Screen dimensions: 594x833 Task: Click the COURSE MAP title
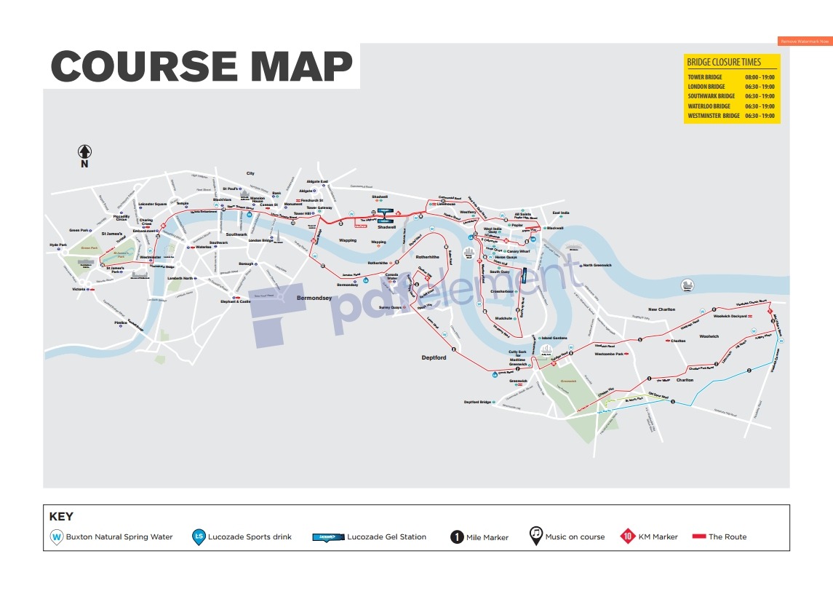202,66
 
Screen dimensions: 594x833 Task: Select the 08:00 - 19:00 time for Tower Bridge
760,76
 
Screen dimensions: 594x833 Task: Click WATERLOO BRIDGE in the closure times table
709,106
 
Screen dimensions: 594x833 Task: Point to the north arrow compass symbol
84,151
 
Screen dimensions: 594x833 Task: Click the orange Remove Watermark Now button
805,41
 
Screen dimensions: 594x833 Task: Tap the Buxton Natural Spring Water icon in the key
56,537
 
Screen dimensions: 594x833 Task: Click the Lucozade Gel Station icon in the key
327,537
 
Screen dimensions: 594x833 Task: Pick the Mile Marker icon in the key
456,537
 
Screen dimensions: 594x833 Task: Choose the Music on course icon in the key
535,536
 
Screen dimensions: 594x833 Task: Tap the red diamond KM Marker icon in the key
627,537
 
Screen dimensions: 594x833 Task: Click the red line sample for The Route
698,537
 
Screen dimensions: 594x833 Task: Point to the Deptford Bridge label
478,402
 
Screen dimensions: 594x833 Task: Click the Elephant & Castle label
235,301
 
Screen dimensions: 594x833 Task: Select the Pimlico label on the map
121,322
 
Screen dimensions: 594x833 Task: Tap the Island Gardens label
554,338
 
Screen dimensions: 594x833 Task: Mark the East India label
560,213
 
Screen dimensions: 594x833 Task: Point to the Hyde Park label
58,245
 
